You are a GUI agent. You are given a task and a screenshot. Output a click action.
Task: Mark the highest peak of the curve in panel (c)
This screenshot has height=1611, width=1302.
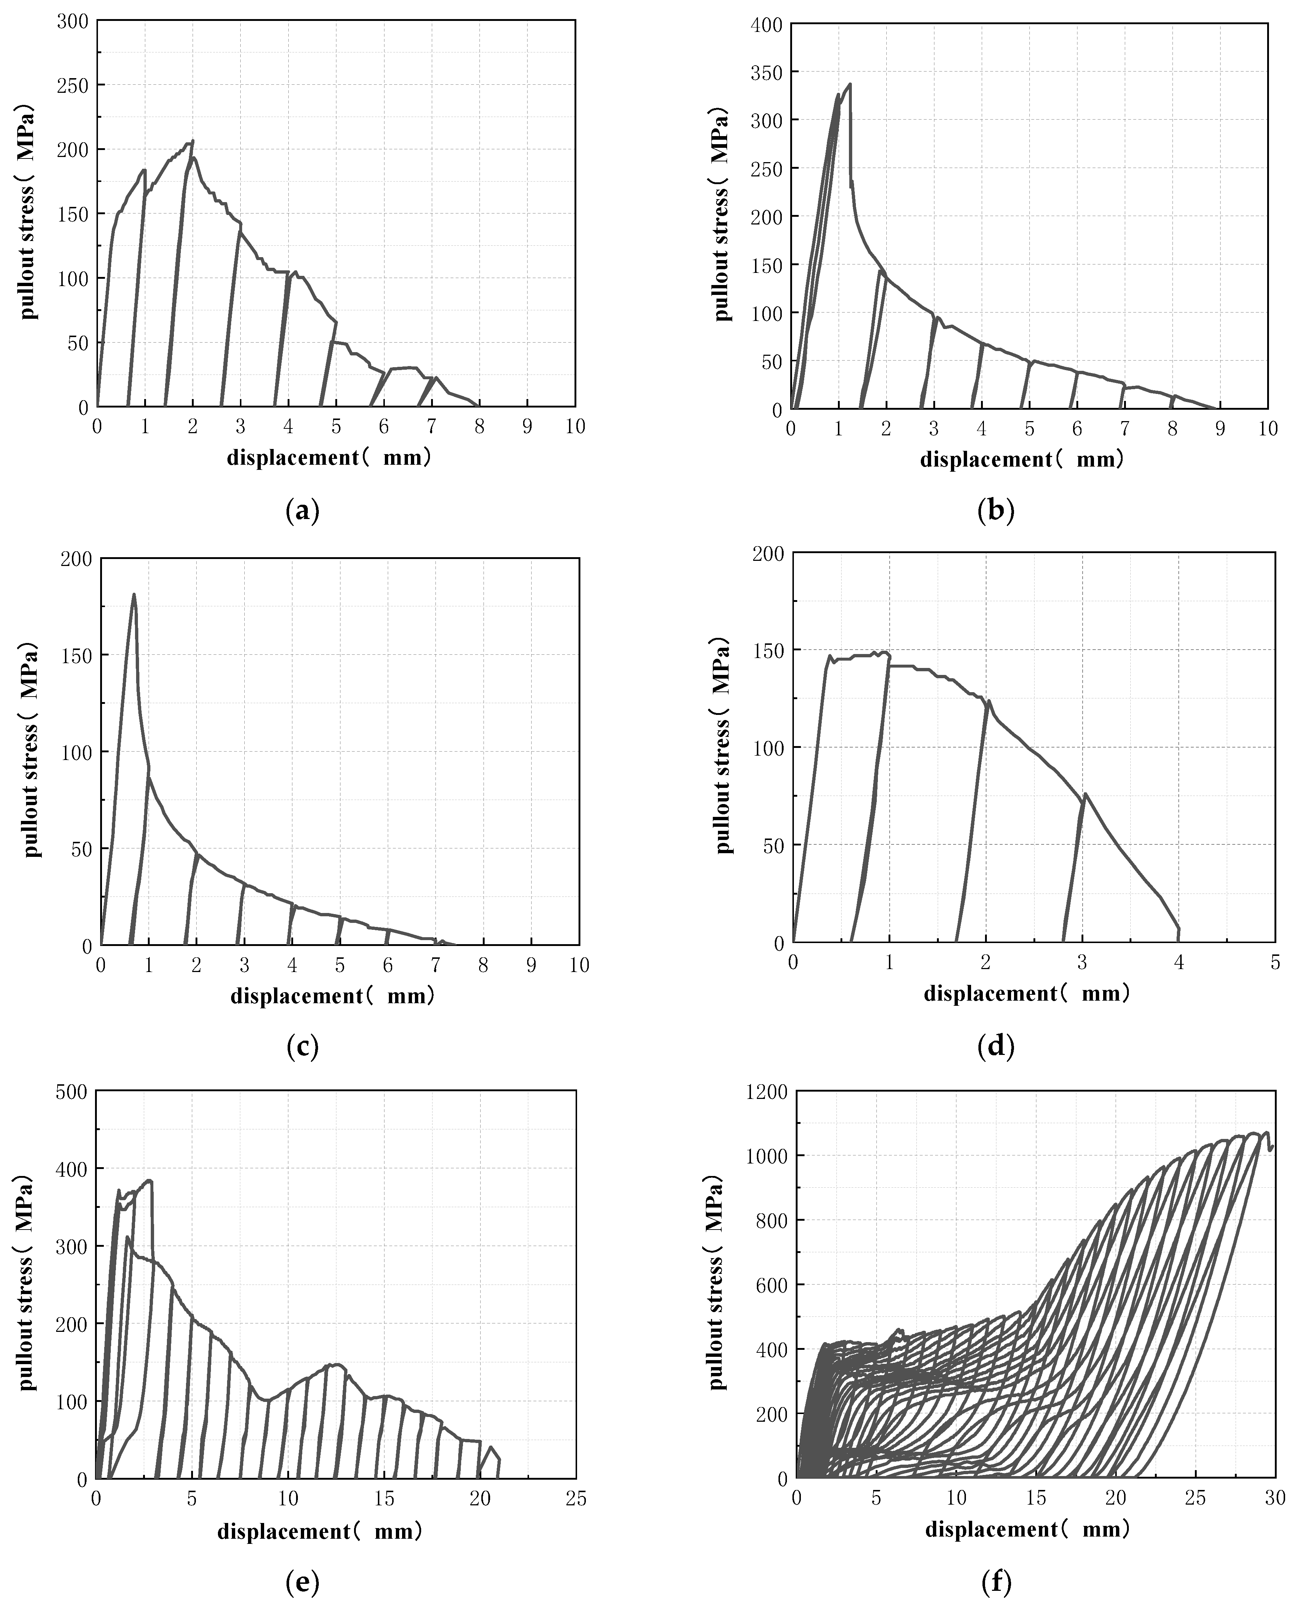(134, 595)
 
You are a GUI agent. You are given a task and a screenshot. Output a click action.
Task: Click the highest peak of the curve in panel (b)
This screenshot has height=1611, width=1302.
(850, 84)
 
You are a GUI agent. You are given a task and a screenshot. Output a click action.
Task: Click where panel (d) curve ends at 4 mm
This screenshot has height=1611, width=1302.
(1178, 930)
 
